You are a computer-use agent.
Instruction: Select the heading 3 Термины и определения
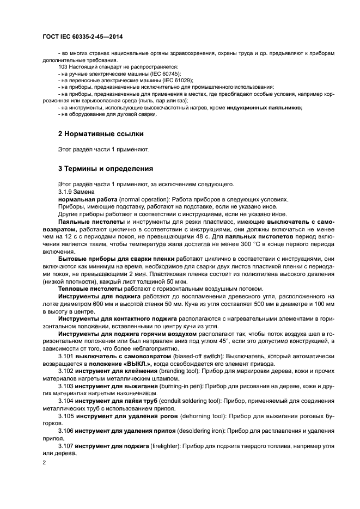point(105,169)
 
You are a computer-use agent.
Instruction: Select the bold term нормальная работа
point(88,199)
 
